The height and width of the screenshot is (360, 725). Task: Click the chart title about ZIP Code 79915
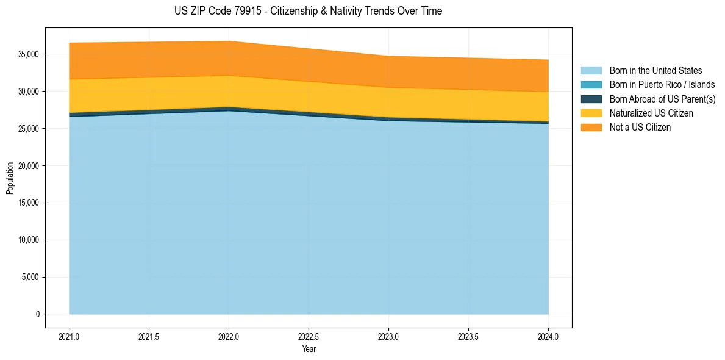click(x=308, y=11)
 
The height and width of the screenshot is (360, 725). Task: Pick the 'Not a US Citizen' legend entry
click(x=640, y=128)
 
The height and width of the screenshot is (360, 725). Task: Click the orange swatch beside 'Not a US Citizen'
click(x=591, y=128)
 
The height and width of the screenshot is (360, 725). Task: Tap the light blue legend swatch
click(x=591, y=71)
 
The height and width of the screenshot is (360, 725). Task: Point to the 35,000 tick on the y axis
click(x=29, y=54)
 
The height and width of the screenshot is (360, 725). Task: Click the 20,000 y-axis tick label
click(x=29, y=166)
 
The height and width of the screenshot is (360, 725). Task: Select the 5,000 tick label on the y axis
click(x=30, y=277)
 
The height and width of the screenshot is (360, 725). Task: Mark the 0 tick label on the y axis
click(x=37, y=314)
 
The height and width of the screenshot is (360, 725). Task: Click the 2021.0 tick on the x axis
click(x=69, y=336)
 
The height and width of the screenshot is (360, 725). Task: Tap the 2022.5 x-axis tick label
click(x=309, y=336)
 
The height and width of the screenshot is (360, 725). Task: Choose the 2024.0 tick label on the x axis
click(x=548, y=336)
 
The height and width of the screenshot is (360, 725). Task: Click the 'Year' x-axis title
click(x=309, y=349)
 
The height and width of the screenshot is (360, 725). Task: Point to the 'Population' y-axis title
click(x=10, y=178)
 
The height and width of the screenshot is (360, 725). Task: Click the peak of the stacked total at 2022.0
click(x=229, y=41)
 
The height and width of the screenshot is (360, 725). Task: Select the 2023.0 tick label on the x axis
click(x=388, y=336)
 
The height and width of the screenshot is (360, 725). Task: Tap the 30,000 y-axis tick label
click(x=29, y=92)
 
